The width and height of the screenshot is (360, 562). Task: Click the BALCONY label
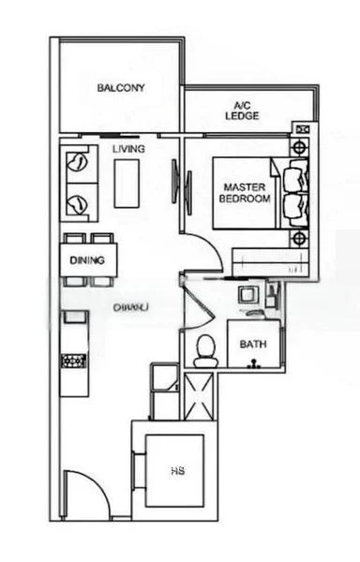(x=121, y=88)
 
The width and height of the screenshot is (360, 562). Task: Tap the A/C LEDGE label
(x=241, y=111)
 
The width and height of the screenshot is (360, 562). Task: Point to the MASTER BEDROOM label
(x=244, y=193)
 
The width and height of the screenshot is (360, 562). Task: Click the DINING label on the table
(x=87, y=259)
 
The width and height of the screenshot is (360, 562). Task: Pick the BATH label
(x=252, y=345)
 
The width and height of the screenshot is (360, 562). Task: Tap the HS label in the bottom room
(x=175, y=472)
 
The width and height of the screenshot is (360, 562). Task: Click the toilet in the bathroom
(x=205, y=350)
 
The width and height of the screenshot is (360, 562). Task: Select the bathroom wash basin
(x=247, y=296)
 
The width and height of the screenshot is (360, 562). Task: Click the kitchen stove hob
(x=74, y=360)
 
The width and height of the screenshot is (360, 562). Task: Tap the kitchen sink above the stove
(x=73, y=321)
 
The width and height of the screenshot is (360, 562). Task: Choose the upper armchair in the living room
(x=78, y=165)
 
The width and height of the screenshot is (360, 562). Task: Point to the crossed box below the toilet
(x=201, y=393)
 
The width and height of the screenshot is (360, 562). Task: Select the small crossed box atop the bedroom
(x=302, y=129)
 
